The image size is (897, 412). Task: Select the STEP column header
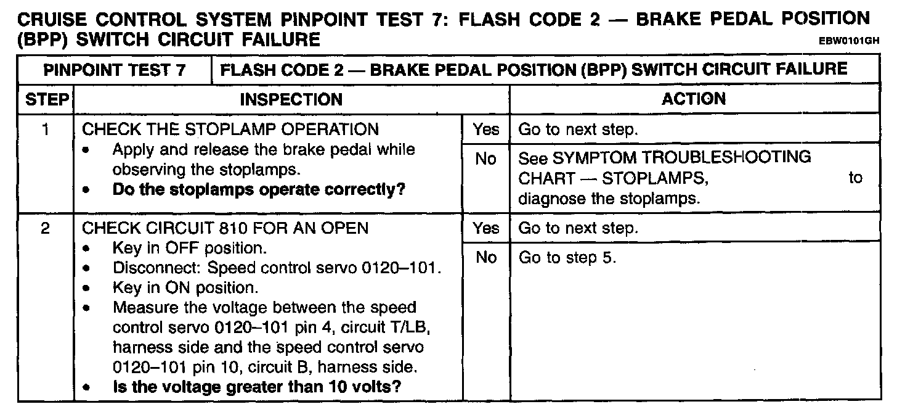46,99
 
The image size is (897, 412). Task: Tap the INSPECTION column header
291,99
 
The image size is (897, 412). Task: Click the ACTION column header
694,99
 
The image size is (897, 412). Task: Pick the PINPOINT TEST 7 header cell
115,69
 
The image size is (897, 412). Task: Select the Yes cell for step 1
485,130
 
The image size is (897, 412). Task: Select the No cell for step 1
485,159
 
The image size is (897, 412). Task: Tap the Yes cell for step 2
485,228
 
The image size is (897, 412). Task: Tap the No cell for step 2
485,258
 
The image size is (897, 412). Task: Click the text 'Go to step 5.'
567,258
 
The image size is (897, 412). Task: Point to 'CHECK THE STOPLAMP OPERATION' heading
230,130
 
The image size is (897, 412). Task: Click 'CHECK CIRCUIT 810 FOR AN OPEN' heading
225,228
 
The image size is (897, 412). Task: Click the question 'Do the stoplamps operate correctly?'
259,190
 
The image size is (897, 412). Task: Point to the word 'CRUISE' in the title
52,19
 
